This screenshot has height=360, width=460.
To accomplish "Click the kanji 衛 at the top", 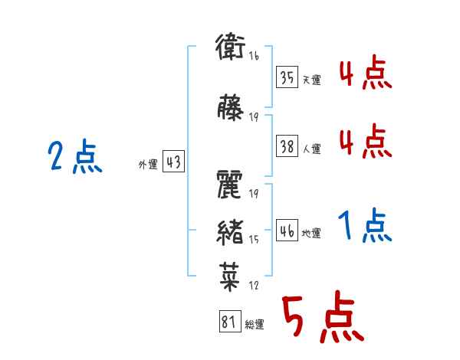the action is [x=230, y=47].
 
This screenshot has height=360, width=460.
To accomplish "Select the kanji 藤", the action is [x=230, y=107].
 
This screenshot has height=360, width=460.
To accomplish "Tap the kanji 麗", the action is [x=229, y=185].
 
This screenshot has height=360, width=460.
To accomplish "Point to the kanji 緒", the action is [x=230, y=233].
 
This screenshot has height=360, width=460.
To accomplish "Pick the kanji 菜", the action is [x=230, y=277].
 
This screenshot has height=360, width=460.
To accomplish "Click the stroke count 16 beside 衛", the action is [x=254, y=56].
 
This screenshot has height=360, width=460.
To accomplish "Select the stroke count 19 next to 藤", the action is [x=254, y=117].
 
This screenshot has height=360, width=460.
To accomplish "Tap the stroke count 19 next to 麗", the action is [x=254, y=194].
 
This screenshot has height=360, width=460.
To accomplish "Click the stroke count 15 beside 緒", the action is [x=254, y=239].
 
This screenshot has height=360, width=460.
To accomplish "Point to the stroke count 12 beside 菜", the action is [x=254, y=285].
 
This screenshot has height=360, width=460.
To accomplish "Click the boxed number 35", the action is [x=287, y=77].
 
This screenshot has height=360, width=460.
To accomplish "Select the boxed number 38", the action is [x=287, y=146].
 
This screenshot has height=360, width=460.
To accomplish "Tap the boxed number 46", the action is [x=287, y=231].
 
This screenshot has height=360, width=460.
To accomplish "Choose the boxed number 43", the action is [x=174, y=162].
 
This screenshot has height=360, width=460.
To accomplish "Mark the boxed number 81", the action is [x=230, y=321].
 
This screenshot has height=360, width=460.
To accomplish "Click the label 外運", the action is [x=148, y=165].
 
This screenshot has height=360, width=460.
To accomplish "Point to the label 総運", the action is [x=255, y=325].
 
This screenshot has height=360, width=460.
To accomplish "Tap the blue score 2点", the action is [x=75, y=156].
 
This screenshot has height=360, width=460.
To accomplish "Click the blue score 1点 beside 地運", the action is [x=365, y=225].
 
